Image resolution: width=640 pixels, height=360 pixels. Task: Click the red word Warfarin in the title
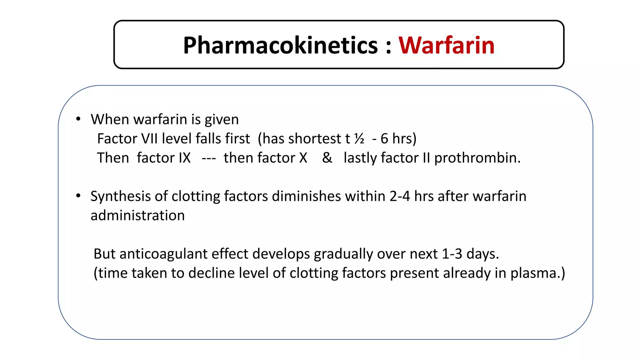(x=446, y=46)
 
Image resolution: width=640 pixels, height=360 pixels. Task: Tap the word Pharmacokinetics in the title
(x=280, y=46)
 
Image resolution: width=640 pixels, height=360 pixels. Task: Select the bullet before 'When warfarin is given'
(x=78, y=119)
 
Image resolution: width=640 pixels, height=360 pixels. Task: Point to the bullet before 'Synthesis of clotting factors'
(x=78, y=196)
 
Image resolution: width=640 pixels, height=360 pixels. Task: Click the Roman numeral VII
(x=149, y=138)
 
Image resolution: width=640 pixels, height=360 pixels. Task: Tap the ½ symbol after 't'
(x=359, y=138)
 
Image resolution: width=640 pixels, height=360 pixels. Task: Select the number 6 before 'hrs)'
(x=384, y=138)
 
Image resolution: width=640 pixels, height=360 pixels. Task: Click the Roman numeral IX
(x=184, y=158)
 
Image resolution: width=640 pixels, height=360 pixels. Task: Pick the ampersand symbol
(x=327, y=158)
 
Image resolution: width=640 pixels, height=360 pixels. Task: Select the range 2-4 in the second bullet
(x=400, y=196)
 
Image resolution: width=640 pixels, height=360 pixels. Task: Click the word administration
(x=137, y=216)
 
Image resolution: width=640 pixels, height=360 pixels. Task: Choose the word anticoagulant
(x=163, y=254)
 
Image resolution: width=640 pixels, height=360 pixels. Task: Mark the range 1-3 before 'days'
(x=452, y=254)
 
